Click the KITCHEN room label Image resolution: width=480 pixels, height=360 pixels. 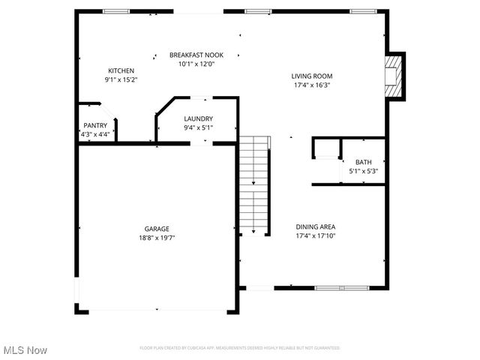[121, 70]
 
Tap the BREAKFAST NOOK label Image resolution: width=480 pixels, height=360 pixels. [196, 55]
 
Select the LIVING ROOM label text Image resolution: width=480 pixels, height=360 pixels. [312, 76]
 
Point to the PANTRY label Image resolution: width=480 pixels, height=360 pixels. [94, 126]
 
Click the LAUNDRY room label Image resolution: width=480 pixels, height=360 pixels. [199, 118]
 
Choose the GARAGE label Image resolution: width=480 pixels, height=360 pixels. [157, 229]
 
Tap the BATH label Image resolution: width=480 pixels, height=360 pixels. [363, 162]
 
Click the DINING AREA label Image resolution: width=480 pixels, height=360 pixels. [315, 226]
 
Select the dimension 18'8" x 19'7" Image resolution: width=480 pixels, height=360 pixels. [157, 238]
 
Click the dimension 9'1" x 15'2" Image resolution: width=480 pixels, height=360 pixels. [121, 79]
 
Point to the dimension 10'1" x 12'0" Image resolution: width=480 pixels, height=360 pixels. [196, 64]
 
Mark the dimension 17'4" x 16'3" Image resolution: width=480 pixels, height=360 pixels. [312, 85]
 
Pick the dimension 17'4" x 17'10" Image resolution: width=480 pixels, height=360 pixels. [315, 235]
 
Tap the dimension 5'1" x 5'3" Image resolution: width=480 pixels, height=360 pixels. [363, 171]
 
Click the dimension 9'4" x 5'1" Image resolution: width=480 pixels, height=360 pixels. [199, 127]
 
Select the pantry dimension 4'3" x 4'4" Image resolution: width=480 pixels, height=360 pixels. [95, 134]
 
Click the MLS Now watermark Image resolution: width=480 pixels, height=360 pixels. [25, 350]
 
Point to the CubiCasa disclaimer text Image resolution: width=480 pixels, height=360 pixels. [239, 348]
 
